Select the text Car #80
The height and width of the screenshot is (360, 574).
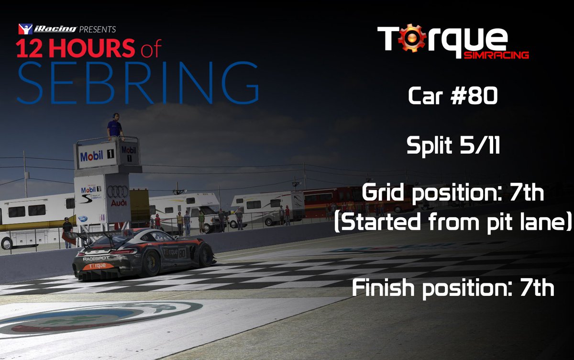pos(453,97)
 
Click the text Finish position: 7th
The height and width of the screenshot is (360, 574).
pos(453,288)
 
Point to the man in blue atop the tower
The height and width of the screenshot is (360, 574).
pos(114,126)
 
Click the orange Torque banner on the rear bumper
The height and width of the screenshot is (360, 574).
pos(98,266)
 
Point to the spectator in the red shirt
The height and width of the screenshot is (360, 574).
pos(157,221)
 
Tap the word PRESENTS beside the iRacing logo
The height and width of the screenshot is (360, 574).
pos(98,29)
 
